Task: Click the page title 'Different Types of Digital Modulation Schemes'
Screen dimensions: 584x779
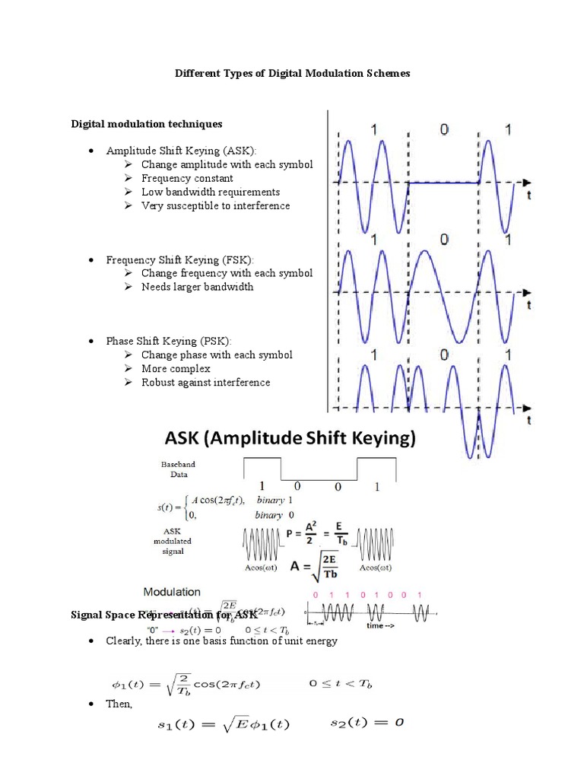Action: click(293, 74)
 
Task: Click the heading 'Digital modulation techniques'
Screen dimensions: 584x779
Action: click(147, 123)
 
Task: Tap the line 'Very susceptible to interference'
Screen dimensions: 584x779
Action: click(215, 205)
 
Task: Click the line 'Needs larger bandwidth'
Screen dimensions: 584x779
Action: click(197, 287)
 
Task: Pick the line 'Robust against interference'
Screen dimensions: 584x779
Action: click(205, 382)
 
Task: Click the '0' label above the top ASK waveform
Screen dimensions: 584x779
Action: click(444, 130)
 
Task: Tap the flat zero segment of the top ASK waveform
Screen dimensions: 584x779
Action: click(444, 182)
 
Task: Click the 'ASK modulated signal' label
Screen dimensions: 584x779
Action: click(177, 541)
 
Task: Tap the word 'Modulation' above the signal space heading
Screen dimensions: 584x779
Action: click(173, 591)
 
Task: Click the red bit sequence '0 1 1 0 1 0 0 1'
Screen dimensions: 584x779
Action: click(370, 594)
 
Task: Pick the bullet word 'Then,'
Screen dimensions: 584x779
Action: click(119, 704)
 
